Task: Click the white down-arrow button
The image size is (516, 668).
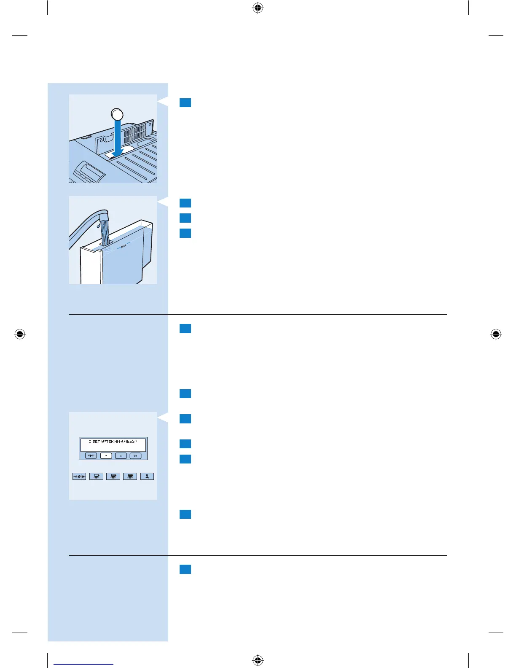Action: (106, 456)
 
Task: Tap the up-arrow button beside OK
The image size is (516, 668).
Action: (121, 456)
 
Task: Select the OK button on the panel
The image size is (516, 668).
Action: (135, 456)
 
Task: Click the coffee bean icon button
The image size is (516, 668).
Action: (79, 476)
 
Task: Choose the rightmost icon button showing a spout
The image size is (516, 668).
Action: (147, 476)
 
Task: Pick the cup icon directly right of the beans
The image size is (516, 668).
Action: (97, 476)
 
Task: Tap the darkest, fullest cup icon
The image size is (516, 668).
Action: (130, 476)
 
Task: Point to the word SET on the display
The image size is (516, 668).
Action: (96, 442)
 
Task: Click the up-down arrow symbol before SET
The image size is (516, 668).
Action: (90, 442)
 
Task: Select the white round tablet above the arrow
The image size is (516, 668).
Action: (117, 114)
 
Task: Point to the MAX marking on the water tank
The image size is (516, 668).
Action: (124, 246)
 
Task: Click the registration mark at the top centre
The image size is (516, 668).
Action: (258, 8)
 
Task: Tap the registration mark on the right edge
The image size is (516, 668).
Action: (496, 334)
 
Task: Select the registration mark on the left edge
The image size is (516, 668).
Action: (20, 334)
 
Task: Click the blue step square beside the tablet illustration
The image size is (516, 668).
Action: (185, 102)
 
